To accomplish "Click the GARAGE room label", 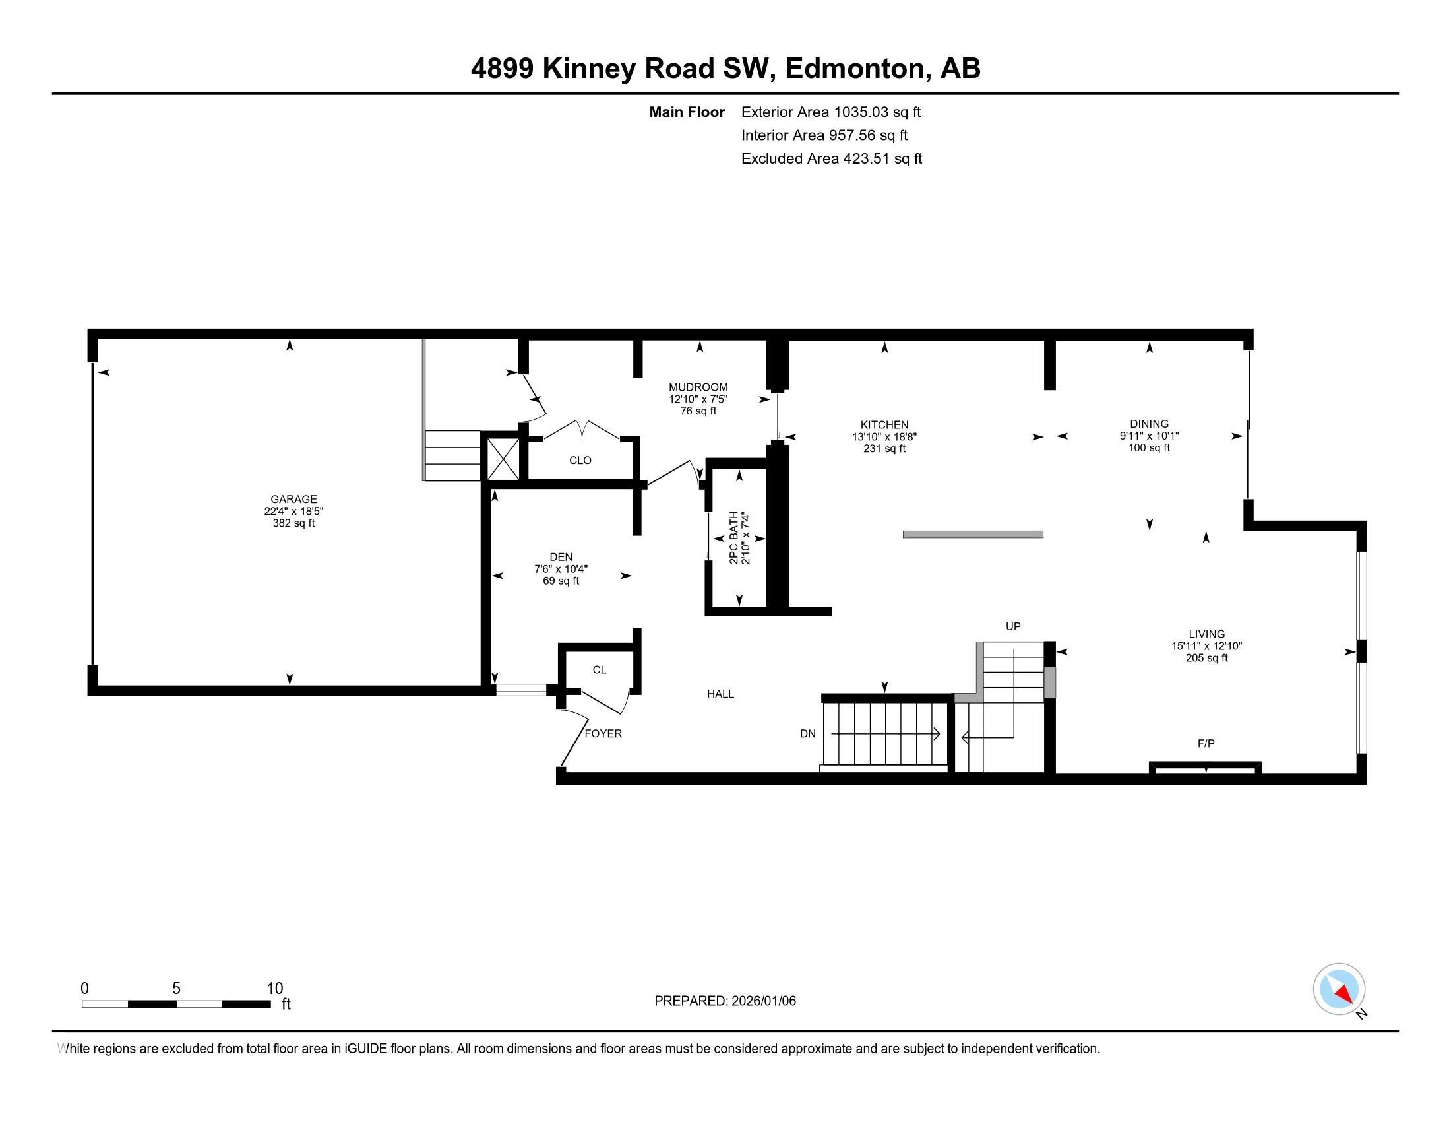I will [x=293, y=499].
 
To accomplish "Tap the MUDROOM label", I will [x=698, y=387].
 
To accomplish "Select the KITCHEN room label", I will [x=884, y=425].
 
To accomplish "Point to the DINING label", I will [x=1149, y=424].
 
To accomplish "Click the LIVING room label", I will [x=1206, y=634].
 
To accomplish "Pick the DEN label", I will [x=561, y=557].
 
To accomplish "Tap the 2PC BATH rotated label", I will [x=733, y=538].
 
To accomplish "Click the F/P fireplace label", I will [x=1206, y=744].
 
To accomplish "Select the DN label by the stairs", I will [x=807, y=734].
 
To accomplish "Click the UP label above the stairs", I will [x=1012, y=626].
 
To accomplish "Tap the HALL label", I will [x=720, y=694].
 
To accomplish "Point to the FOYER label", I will [x=603, y=734].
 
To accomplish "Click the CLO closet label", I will [x=580, y=460].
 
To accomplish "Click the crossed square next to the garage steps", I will [x=503, y=459].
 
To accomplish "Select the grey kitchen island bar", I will [x=973, y=535].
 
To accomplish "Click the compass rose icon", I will [x=1339, y=989].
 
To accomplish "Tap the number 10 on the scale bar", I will [x=274, y=989].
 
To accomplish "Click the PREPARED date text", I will [x=725, y=1001].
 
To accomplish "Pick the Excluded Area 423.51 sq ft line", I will [x=831, y=159].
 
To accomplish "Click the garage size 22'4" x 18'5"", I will [x=293, y=511].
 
